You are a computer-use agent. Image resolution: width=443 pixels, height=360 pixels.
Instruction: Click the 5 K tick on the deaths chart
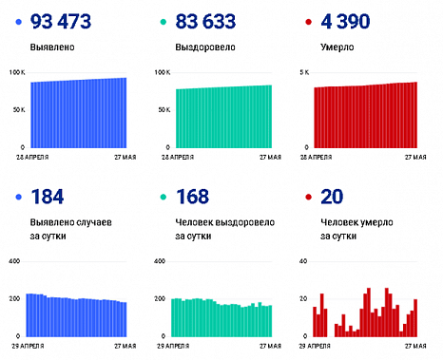pyautogui.click(x=305, y=73)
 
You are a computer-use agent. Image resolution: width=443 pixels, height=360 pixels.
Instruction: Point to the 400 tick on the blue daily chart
pyautogui.click(x=13, y=260)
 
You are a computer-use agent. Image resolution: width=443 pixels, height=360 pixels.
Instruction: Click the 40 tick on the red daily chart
pyautogui.click(x=303, y=260)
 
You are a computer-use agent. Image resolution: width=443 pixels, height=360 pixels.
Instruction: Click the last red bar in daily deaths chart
pyautogui.click(x=415, y=317)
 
